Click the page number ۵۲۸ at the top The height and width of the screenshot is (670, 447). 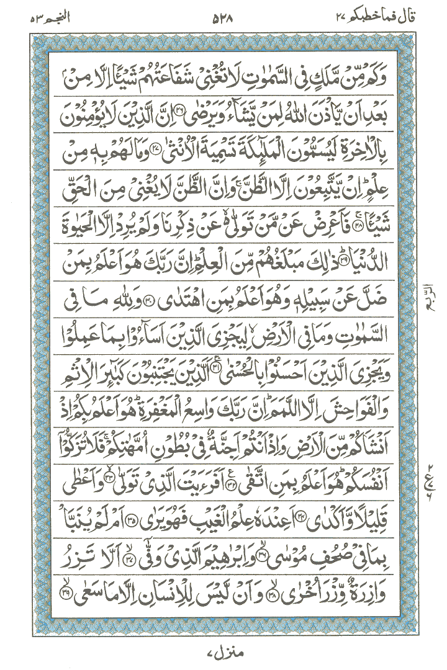coord(223,17)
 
